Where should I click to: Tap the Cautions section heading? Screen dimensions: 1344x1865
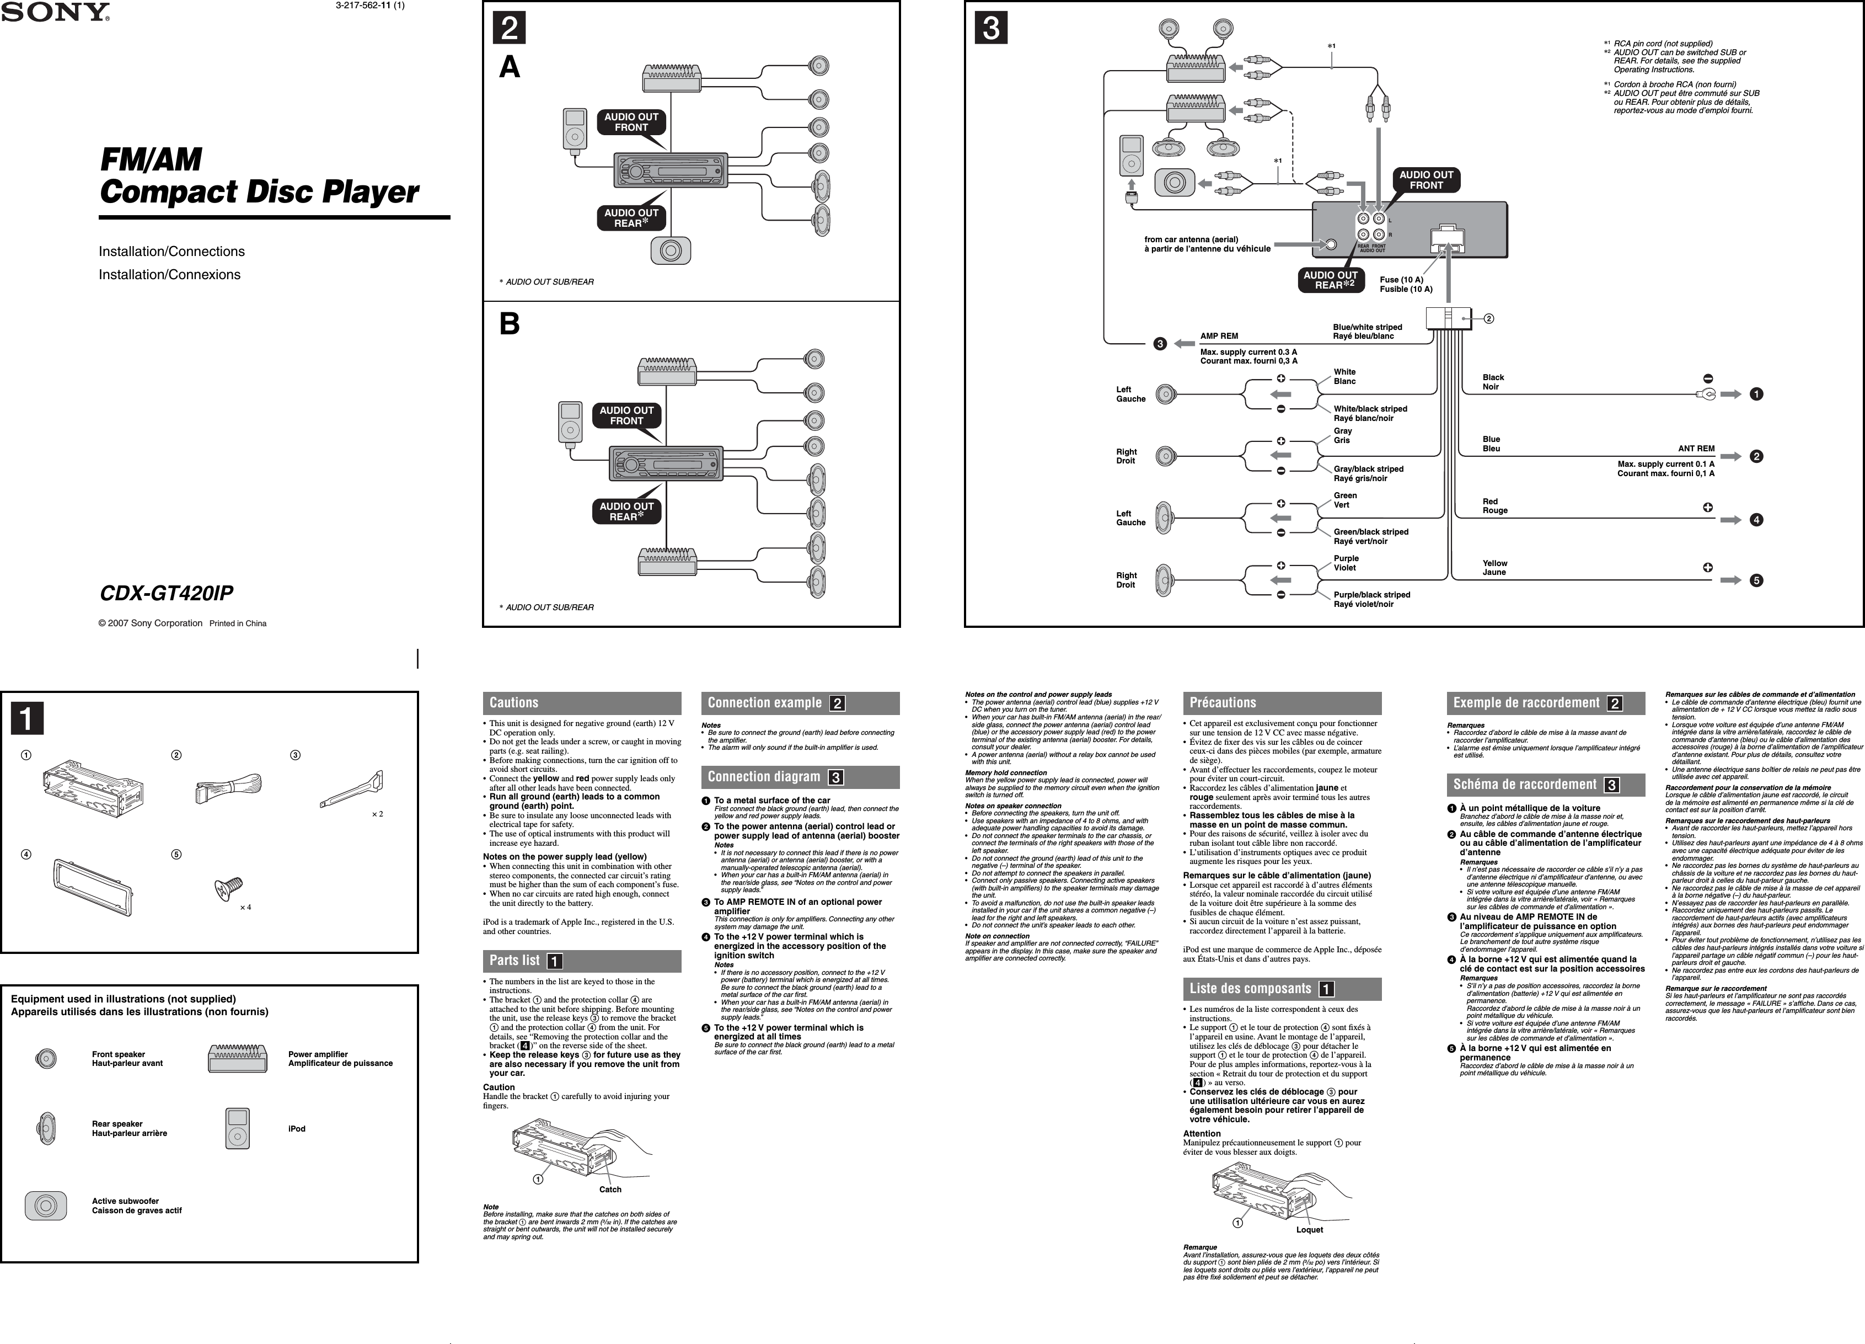pyautogui.click(x=514, y=702)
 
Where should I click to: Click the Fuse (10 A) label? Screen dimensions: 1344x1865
pyautogui.click(x=1401, y=280)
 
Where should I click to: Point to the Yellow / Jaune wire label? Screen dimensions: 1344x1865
pyautogui.click(x=1495, y=568)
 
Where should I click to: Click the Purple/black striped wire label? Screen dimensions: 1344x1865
pyautogui.click(x=1371, y=595)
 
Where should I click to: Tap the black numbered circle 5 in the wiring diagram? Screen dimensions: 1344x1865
pyautogui.click(x=1756, y=581)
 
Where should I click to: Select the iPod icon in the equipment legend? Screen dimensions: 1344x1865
pyautogui.click(x=238, y=1128)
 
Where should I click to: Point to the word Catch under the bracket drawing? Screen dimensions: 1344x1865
pyautogui.click(x=610, y=1190)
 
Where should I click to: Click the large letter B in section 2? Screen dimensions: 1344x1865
pyautogui.click(x=510, y=325)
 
